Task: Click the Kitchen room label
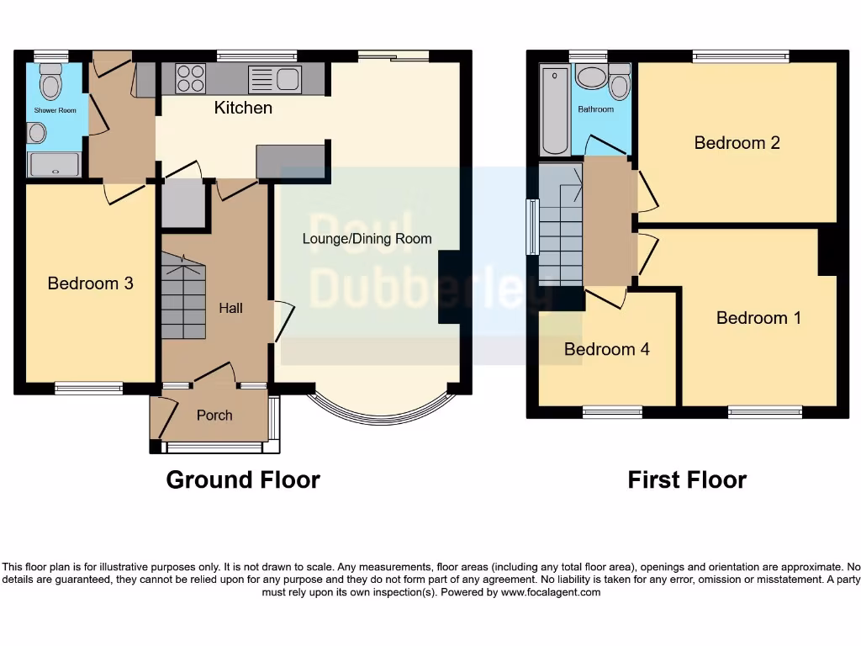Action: tap(243, 108)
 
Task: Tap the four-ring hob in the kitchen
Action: tap(191, 78)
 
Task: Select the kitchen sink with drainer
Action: tap(275, 79)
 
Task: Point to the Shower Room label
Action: tap(55, 110)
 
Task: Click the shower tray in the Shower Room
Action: tap(55, 164)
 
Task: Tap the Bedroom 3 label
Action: tap(90, 283)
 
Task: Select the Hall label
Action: tap(230, 308)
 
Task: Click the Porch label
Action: tap(214, 415)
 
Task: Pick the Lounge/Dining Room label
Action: tap(367, 239)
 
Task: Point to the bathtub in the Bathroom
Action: tap(555, 112)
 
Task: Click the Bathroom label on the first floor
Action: tap(595, 109)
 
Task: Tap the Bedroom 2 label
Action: tap(737, 142)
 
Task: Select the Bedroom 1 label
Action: tap(758, 317)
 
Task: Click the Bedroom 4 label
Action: tap(606, 349)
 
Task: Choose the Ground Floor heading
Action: tap(243, 479)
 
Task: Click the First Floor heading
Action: tap(687, 479)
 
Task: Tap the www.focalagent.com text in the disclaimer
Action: tap(551, 592)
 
